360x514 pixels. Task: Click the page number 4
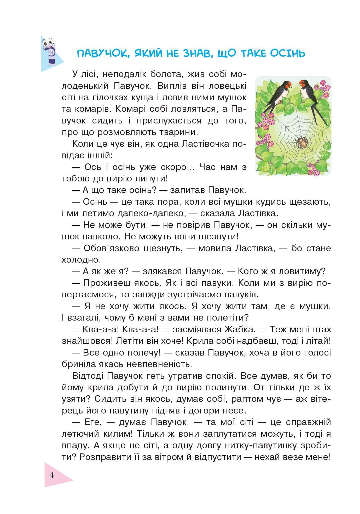(x=52, y=475)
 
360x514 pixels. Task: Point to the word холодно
(x=77, y=260)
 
